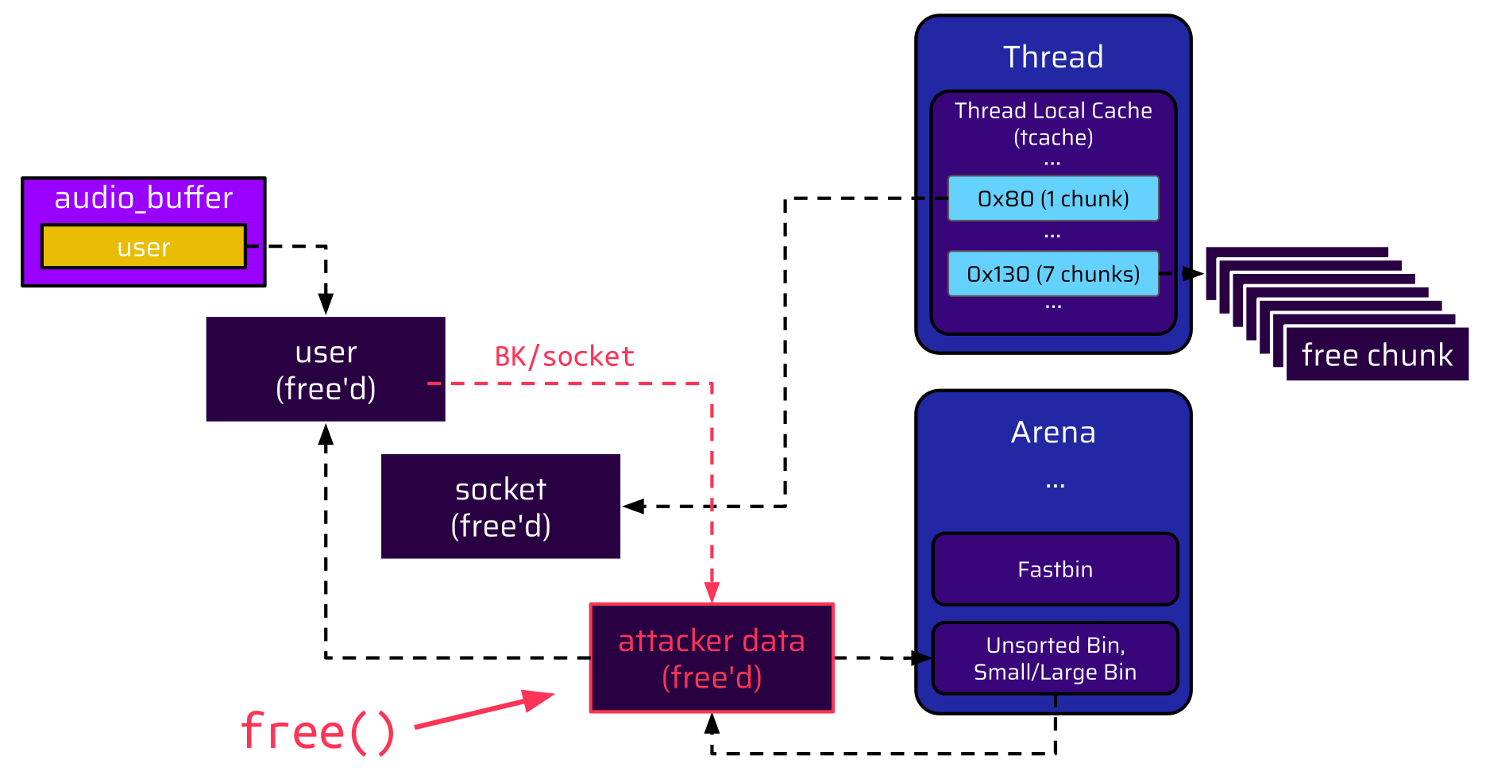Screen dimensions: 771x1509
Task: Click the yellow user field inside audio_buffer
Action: point(144,247)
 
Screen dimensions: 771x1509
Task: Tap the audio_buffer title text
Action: point(144,198)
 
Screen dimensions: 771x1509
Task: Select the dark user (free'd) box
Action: point(326,369)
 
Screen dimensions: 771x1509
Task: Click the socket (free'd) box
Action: point(500,507)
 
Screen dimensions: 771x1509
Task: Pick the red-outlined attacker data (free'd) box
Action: point(712,658)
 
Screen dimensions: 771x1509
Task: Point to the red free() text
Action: point(318,731)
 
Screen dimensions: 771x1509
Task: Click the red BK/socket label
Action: point(564,357)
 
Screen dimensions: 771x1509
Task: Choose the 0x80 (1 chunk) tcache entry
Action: point(1053,199)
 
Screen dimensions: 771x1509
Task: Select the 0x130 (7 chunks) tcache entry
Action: point(1053,274)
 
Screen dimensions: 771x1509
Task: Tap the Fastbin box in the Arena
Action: point(1055,569)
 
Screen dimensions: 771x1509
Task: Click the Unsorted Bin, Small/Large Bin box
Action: point(1055,658)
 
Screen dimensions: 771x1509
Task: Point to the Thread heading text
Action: point(1053,57)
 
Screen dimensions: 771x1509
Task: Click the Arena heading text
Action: point(1053,433)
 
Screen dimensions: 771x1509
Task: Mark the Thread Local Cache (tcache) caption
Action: point(1053,124)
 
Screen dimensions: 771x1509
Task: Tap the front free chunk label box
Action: point(1377,355)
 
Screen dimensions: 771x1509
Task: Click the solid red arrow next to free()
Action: point(484,711)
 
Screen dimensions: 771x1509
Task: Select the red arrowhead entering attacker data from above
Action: point(712,592)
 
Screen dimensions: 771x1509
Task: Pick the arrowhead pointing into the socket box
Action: point(633,506)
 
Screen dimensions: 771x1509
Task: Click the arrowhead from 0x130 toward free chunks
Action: point(1193,274)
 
